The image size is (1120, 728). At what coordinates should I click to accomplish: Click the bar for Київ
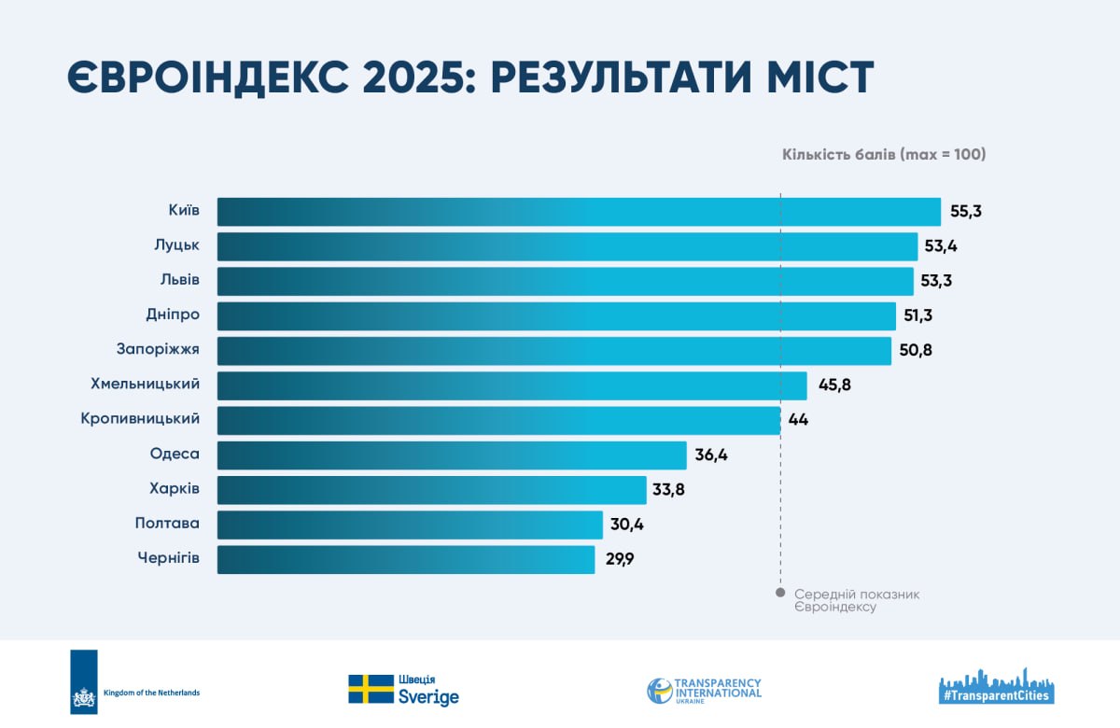coord(579,212)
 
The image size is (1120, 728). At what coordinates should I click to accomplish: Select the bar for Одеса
coord(452,455)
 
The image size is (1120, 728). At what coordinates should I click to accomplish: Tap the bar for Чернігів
coord(406,559)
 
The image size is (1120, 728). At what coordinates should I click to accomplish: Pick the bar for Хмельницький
coord(512,385)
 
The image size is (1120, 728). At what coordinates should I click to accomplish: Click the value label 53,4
coord(941,246)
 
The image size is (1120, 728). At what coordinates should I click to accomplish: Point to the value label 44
coord(798,419)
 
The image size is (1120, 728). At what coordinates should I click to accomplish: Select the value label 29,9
coord(620,559)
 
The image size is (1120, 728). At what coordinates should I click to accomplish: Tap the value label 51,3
coord(917,315)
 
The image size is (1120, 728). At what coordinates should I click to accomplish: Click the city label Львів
coord(180,279)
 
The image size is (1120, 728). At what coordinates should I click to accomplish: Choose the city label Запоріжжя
coord(158,349)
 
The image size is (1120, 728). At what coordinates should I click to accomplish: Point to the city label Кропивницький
coord(140,418)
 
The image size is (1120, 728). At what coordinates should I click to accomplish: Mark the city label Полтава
coord(167,523)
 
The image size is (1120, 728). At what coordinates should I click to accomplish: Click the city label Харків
coord(174,488)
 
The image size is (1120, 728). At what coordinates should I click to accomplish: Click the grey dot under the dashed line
coord(780,593)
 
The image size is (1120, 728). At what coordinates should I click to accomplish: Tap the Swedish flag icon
coord(371,689)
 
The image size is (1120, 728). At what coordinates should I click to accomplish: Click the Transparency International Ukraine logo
coord(704,691)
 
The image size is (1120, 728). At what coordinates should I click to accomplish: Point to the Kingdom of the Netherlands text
coord(151,693)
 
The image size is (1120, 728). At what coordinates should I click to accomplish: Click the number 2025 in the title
coord(413,77)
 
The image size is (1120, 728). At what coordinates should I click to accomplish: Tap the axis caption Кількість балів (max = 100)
coord(884,155)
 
